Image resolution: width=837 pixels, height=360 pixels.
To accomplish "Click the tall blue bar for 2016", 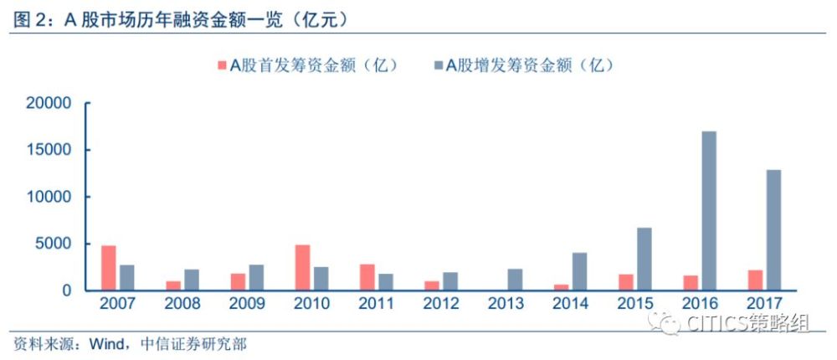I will (x=708, y=211).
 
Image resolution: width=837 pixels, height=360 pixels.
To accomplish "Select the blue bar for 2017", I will (x=773, y=230).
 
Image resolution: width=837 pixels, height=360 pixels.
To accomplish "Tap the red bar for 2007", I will (x=109, y=268).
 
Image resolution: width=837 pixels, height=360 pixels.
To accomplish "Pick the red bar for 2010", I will (x=302, y=268).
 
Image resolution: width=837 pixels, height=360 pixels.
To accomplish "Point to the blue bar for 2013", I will (x=515, y=280).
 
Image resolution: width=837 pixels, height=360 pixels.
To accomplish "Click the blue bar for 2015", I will (x=644, y=259).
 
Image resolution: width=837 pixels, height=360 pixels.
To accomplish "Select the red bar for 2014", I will (x=562, y=287).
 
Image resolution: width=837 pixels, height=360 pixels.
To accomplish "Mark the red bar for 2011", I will (x=367, y=277).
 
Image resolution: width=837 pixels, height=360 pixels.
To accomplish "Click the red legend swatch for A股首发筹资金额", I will (x=223, y=65).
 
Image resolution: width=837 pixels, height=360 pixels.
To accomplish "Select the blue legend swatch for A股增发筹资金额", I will (x=437, y=65).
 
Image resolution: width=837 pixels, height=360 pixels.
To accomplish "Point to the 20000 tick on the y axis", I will (x=52, y=103).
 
